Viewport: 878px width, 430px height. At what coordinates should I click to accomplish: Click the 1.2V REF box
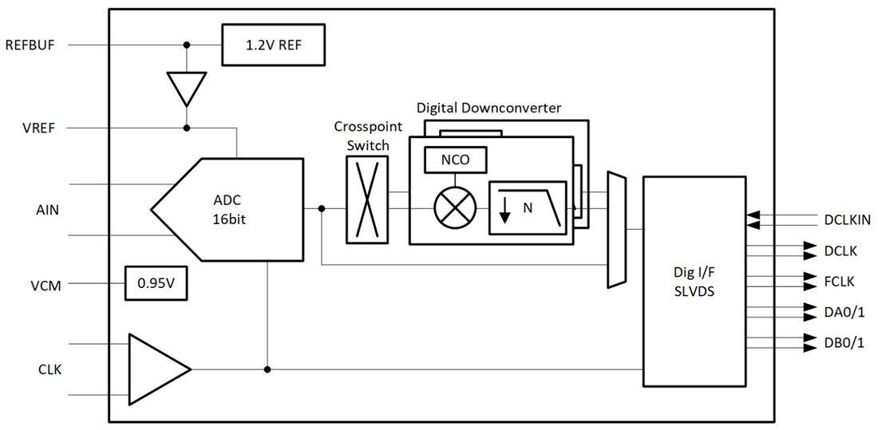pos(274,44)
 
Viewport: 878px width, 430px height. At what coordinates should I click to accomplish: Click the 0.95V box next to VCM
pos(156,283)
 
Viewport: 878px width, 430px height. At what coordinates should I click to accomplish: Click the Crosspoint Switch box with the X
pos(367,199)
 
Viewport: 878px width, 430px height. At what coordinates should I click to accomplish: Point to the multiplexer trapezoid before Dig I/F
pos(616,229)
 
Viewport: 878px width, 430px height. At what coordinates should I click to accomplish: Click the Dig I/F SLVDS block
pos(693,282)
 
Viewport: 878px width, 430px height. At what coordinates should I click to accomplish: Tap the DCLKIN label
pos(847,219)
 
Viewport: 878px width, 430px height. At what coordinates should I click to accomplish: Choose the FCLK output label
pos(839,281)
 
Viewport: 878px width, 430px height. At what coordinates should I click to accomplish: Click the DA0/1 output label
pos(843,312)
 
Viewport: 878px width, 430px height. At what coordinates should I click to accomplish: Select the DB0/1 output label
pos(843,342)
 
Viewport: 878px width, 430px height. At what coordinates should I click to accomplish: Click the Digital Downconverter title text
pos(488,108)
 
